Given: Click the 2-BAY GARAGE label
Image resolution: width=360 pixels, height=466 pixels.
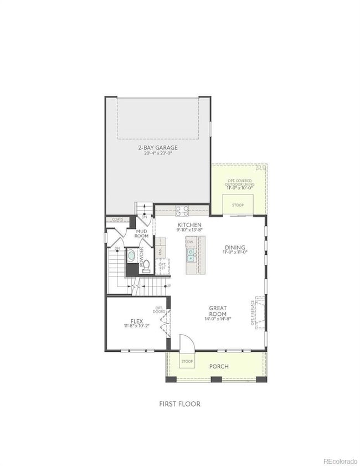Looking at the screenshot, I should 158,147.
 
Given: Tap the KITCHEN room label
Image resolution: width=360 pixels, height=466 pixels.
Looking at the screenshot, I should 186,225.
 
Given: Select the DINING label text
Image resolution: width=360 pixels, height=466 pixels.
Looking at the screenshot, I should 235,248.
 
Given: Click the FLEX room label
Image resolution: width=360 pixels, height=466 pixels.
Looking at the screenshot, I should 137,321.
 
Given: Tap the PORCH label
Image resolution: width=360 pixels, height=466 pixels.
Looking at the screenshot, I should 218,366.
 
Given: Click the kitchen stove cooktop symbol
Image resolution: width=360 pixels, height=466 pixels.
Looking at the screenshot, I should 182,210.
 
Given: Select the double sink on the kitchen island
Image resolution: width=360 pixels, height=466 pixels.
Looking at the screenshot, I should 191,255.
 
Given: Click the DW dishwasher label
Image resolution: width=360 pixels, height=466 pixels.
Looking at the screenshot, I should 190,242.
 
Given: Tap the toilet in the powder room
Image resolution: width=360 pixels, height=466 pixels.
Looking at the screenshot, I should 146,265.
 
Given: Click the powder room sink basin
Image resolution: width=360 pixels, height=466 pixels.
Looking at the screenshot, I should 132,257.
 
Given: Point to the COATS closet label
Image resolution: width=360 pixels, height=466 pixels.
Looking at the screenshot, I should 117,219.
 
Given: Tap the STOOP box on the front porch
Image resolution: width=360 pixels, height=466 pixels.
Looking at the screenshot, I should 187,362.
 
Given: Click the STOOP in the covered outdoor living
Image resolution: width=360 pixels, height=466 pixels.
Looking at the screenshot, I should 238,205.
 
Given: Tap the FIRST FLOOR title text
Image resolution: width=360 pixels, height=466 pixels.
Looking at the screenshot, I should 179,404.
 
